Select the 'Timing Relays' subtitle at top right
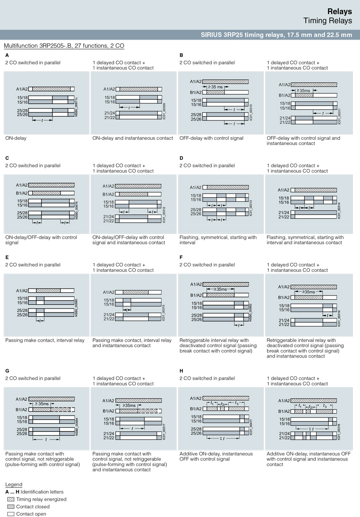(x=328, y=20)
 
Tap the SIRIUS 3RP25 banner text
(x=277, y=35)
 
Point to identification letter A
(x=7, y=55)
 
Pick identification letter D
(x=181, y=158)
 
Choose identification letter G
(x=7, y=371)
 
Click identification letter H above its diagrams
(x=181, y=371)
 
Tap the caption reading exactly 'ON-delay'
(x=15, y=138)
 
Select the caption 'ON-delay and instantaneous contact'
(x=133, y=138)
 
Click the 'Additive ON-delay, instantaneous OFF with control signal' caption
(x=216, y=456)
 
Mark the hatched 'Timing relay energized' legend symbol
(x=10, y=499)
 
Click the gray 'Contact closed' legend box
(x=10, y=507)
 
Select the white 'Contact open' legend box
(x=10, y=514)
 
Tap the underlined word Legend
(x=14, y=484)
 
